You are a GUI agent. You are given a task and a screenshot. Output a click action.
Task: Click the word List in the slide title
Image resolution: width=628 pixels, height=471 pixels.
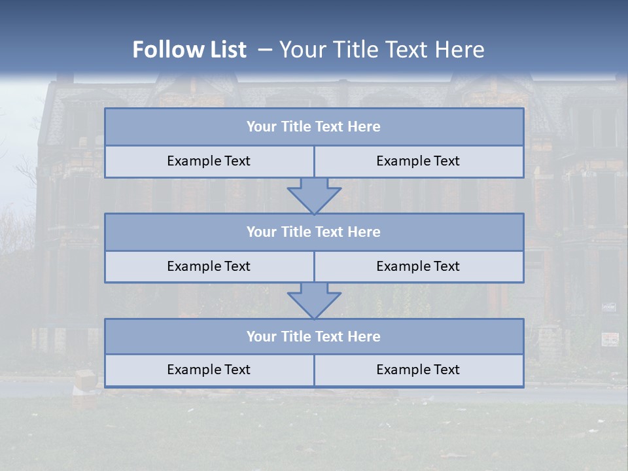(225, 50)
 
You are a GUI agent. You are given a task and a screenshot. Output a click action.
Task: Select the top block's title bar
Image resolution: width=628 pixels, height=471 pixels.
(314, 127)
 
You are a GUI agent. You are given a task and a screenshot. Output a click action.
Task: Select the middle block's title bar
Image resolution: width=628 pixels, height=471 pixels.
(314, 232)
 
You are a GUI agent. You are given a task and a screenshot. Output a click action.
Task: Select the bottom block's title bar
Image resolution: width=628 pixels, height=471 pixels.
(314, 336)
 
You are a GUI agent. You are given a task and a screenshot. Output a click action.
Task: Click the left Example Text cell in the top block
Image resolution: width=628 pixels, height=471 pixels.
(209, 161)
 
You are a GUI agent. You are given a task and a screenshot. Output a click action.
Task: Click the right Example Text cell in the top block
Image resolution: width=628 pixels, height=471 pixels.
(418, 161)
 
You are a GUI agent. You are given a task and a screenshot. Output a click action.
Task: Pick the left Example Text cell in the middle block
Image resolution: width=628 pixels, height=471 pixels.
(209, 266)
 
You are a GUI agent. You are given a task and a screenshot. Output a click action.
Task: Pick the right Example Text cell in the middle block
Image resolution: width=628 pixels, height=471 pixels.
(418, 266)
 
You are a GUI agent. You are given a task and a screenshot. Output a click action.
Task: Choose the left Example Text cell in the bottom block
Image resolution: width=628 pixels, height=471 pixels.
(209, 370)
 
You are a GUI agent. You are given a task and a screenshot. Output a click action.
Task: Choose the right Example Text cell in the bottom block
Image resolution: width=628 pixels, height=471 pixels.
(418, 370)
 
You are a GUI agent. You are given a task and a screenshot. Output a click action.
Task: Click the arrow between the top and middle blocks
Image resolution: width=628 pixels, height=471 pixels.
(314, 195)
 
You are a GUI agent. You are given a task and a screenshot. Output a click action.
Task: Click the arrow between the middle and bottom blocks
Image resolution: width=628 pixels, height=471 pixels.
(314, 300)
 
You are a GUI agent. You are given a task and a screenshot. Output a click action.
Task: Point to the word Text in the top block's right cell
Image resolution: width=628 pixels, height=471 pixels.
(446, 161)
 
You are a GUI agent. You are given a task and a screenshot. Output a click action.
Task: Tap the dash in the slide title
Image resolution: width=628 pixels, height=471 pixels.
(264, 50)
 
